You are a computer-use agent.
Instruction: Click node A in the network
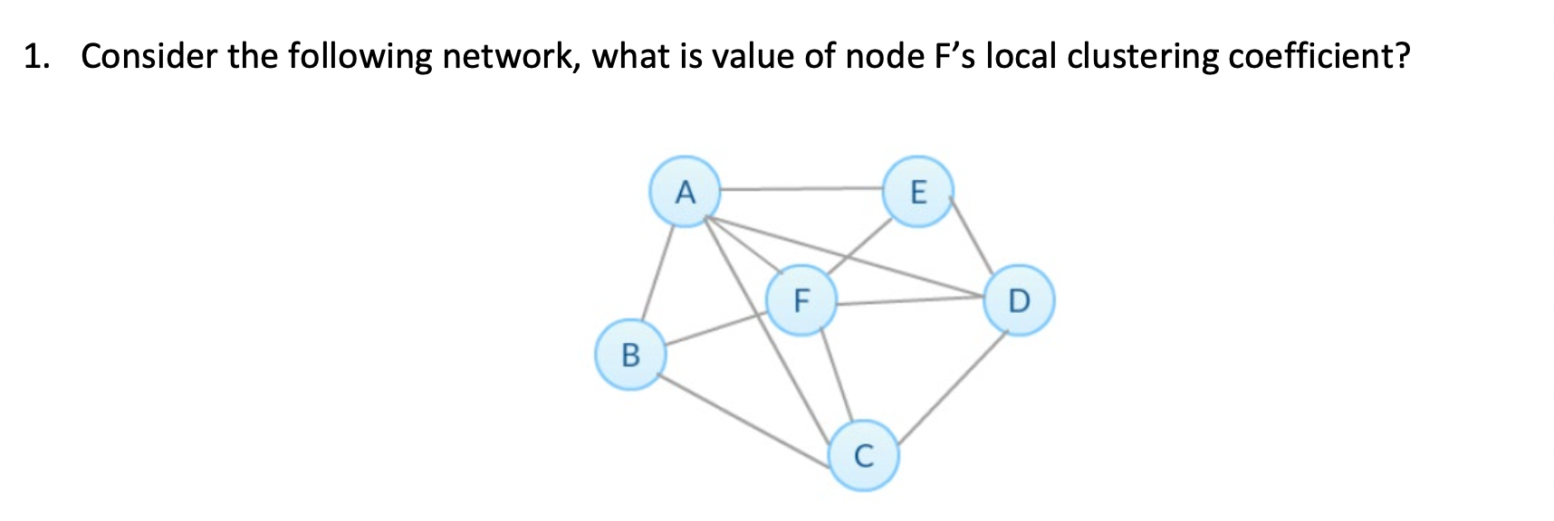click(686, 192)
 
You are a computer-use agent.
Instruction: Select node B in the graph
click(630, 354)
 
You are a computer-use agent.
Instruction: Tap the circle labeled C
click(864, 455)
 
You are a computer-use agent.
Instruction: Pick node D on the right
click(1019, 299)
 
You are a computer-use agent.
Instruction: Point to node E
click(917, 191)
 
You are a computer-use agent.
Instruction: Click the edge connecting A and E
click(801, 190)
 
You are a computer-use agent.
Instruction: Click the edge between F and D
click(910, 302)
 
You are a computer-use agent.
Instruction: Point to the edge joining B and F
click(715, 327)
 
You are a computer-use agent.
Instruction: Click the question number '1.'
click(36, 57)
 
